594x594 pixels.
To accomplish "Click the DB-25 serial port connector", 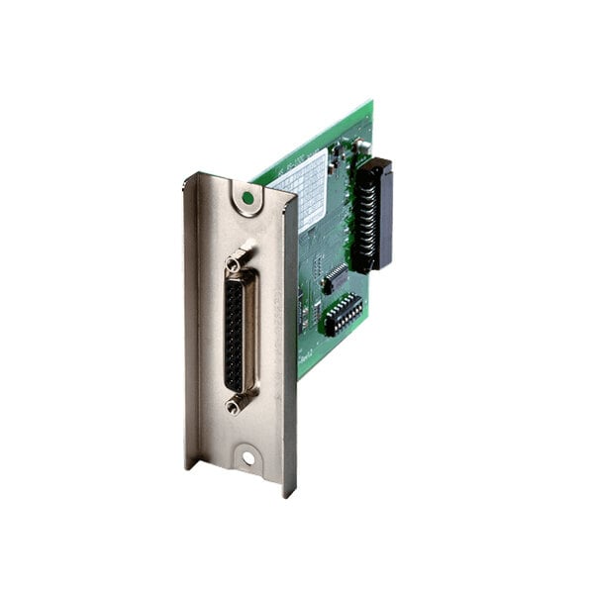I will point(239,333).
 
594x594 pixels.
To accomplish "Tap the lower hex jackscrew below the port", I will point(235,404).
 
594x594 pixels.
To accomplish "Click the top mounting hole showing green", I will point(247,198).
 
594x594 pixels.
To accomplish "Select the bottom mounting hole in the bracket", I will point(247,458).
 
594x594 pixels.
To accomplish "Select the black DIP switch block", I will point(343,313).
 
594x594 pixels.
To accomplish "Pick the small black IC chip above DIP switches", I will point(336,278).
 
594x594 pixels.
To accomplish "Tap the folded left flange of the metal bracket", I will point(190,317).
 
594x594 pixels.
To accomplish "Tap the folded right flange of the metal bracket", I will point(290,337).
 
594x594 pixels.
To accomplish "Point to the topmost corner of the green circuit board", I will point(371,102).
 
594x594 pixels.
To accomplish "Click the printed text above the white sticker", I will point(297,158).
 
